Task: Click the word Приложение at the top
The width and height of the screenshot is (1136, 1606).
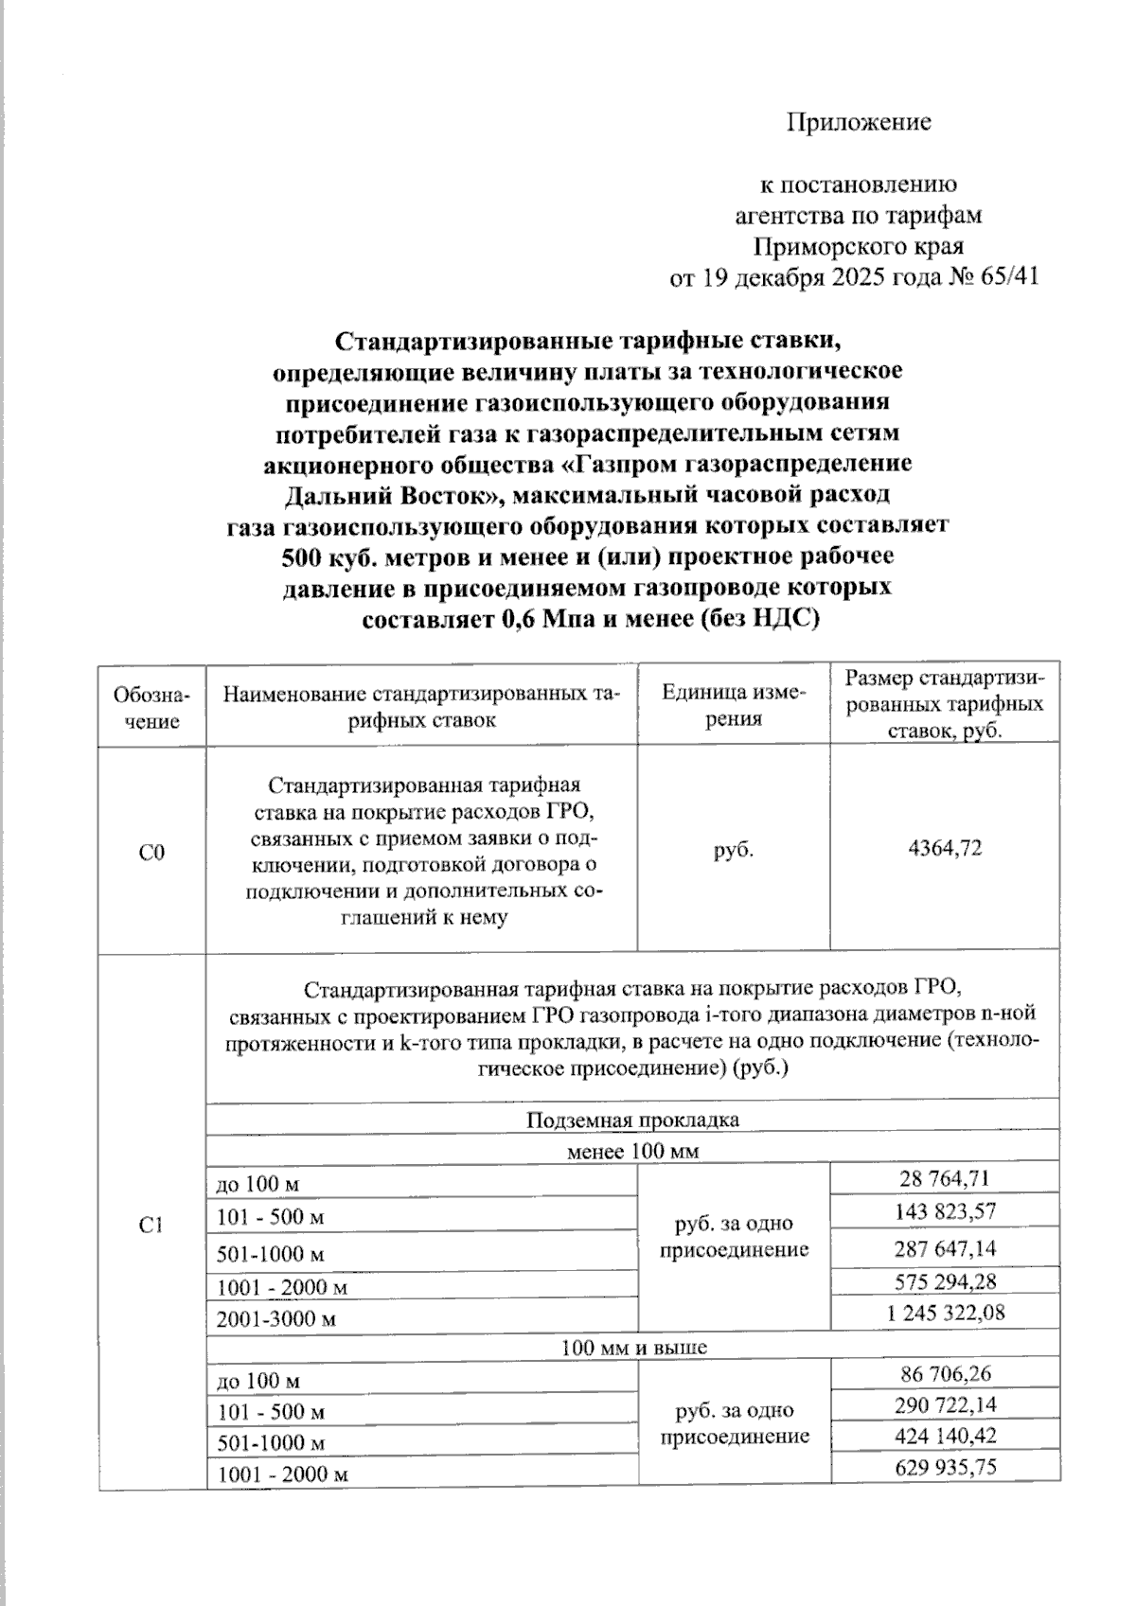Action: pos(859,122)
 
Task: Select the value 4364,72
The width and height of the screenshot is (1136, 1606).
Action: pos(944,848)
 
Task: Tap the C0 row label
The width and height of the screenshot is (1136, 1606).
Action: pos(151,853)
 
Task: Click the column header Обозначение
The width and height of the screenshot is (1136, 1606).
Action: pos(151,707)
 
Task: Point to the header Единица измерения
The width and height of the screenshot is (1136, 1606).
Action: pos(734,705)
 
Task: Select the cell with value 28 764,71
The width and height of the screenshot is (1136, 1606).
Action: pos(944,1178)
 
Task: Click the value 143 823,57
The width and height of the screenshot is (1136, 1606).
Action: pos(944,1211)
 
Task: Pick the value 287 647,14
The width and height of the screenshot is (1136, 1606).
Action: pos(944,1249)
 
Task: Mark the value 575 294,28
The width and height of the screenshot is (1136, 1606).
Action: pos(944,1282)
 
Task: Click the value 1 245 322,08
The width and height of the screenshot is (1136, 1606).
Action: pos(944,1313)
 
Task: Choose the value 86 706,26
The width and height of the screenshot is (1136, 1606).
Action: pos(944,1373)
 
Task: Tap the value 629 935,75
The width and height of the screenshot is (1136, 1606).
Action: pos(944,1467)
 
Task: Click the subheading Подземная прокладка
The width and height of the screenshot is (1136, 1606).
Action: pos(632,1121)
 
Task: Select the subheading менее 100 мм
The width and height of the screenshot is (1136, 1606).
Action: pos(632,1152)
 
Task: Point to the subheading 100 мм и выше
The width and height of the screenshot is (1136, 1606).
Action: pos(632,1347)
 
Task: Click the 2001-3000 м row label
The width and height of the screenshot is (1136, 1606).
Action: pos(276,1318)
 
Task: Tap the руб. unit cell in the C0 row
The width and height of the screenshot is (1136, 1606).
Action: pos(734,850)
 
